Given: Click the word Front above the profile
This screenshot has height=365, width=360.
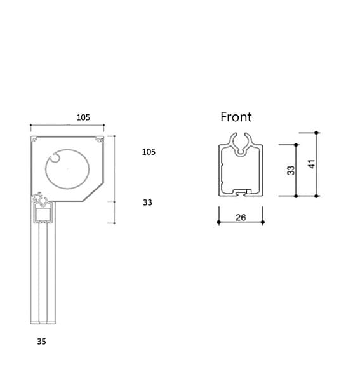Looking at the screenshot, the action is point(236,117).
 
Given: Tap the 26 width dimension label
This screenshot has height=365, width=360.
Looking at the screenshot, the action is point(241,218).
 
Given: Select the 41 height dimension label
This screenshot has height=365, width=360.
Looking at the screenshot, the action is point(312,164).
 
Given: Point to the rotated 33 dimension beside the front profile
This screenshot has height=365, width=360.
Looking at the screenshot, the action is point(291,170).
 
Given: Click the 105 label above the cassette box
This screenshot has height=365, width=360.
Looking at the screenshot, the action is point(83,117).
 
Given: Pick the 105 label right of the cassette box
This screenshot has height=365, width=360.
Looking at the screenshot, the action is point(149,152).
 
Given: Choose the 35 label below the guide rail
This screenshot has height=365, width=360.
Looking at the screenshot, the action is point(41,342).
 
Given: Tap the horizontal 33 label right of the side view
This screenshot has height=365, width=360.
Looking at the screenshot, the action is point(147,202).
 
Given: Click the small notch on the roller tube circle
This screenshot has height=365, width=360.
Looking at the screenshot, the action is point(55,157).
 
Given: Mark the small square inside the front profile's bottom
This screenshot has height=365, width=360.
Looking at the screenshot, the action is point(249,192).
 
